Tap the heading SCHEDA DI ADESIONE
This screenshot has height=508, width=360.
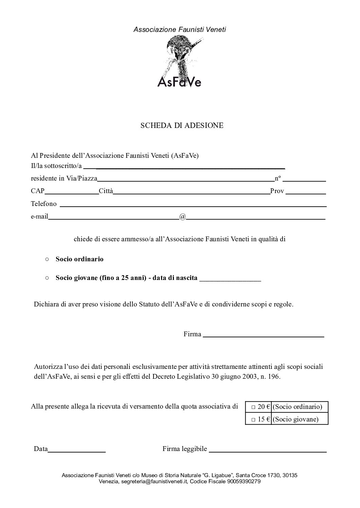pyautogui.click(x=182, y=126)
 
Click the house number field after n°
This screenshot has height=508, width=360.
pyautogui.click(x=304, y=180)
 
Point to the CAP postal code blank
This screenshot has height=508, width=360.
pyautogui.click(x=71, y=192)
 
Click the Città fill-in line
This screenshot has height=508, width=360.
pyautogui.click(x=191, y=192)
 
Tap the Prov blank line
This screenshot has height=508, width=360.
pyautogui.click(x=306, y=192)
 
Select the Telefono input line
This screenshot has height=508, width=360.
pyautogui.click(x=193, y=205)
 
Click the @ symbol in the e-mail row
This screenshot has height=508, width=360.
pyautogui.click(x=182, y=217)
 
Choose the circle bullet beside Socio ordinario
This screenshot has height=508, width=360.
pyautogui.click(x=47, y=259)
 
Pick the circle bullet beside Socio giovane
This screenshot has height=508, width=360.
pyautogui.click(x=47, y=278)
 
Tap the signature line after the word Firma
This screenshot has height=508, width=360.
pyautogui.click(x=264, y=336)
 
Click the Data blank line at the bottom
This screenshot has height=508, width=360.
pyautogui.click(x=77, y=451)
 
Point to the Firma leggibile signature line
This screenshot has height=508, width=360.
pyautogui.click(x=268, y=451)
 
